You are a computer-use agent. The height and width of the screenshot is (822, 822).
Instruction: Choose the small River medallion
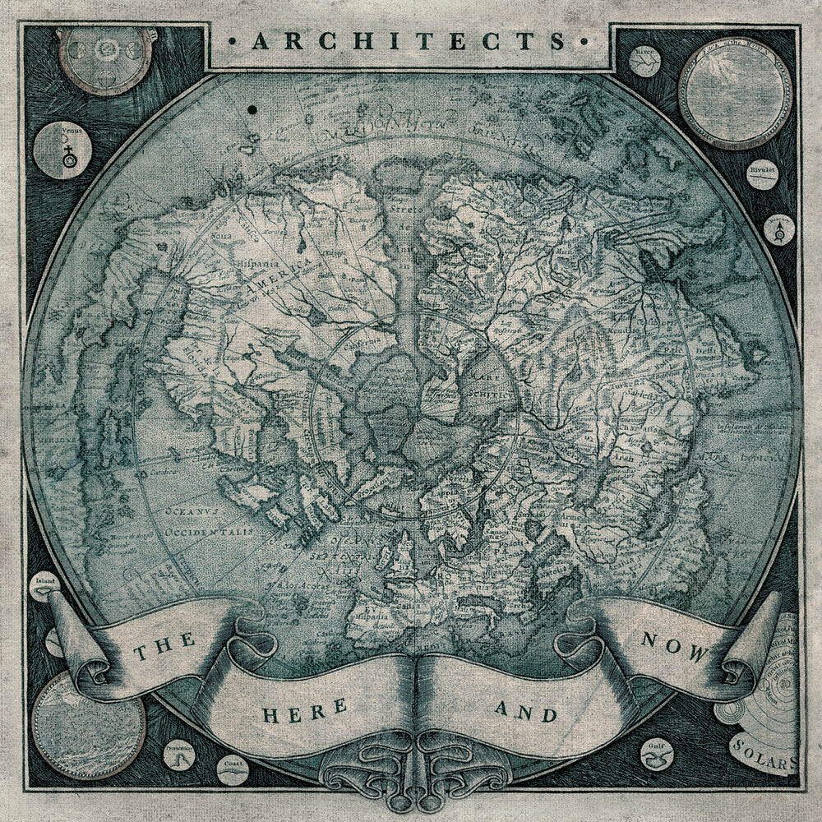644,60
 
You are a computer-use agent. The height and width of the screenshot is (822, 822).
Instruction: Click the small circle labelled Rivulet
763,175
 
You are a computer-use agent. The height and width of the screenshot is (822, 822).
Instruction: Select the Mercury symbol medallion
778,229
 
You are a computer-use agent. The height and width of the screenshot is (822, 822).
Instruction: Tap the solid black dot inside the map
251,109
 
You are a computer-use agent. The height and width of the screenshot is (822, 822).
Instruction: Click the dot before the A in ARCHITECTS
236,40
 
